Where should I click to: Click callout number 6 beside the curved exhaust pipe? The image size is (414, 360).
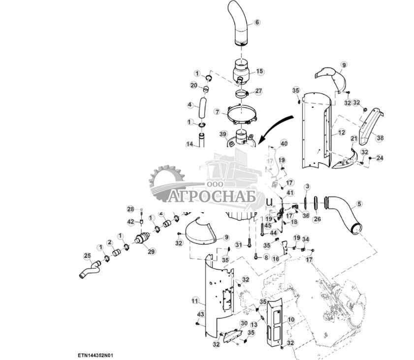256,23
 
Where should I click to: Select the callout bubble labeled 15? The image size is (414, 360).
259,71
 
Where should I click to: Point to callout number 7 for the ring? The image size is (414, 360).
216,112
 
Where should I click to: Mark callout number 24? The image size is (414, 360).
379,158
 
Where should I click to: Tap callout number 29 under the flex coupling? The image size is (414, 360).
151,252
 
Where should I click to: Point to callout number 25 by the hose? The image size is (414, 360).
87,255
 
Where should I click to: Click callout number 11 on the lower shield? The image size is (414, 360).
195,300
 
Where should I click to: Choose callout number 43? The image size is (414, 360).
200,314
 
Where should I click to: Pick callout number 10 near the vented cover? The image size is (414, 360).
291,320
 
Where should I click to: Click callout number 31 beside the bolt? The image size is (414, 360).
239,245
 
